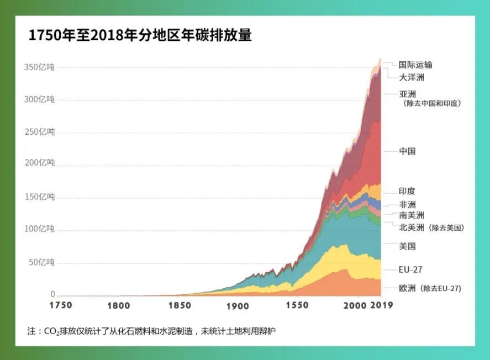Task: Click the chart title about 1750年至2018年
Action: (140, 36)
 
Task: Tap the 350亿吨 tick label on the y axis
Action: (39, 67)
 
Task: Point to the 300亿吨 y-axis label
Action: (39, 99)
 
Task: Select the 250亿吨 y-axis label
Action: (39, 132)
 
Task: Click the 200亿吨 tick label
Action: (39, 163)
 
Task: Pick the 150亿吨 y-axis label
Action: (39, 197)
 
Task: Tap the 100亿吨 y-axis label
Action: (39, 229)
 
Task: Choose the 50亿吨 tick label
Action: (41, 262)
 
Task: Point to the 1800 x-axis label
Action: (120, 305)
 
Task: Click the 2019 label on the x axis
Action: (381, 305)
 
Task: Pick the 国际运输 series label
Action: (415, 65)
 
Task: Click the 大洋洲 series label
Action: (412, 78)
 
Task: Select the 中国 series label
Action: (407, 151)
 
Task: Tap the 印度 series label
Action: (407, 192)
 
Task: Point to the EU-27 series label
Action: (410, 270)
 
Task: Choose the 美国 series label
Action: (407, 246)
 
